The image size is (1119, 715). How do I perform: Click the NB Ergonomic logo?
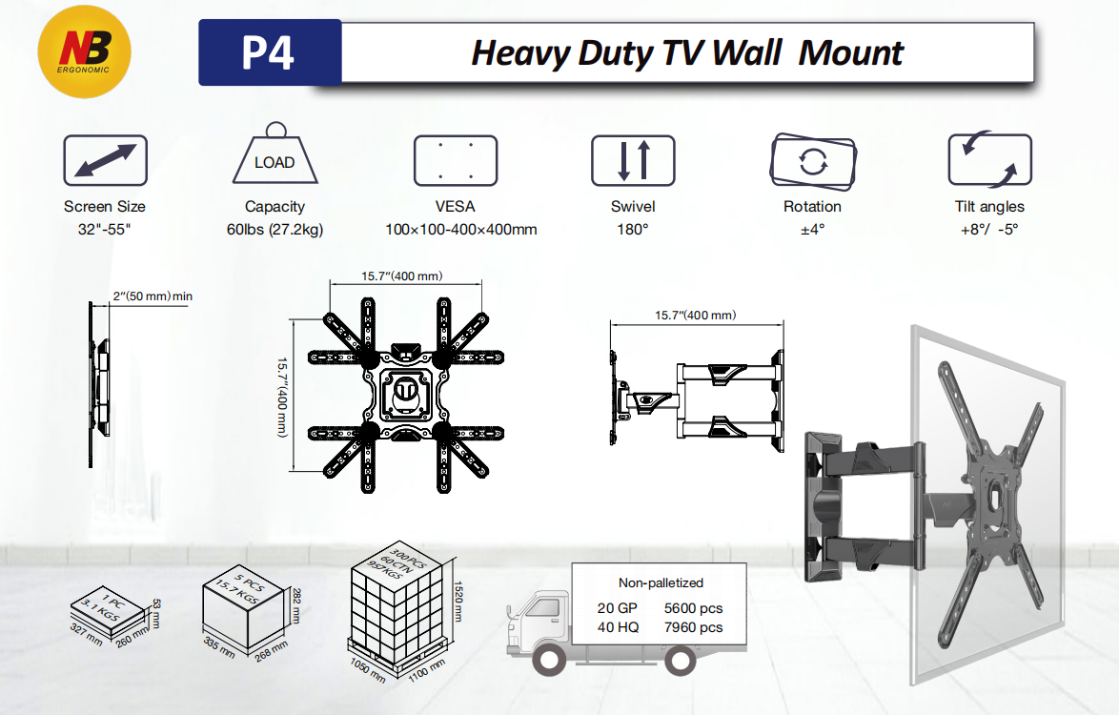pos(83,51)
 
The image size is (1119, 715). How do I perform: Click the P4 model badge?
pos(269,53)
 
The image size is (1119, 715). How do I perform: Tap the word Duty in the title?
pos(614,53)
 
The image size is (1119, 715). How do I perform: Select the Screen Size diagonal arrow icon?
pos(105,160)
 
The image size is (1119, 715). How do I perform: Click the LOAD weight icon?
pos(275,155)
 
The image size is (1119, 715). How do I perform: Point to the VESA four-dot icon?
pos(456,160)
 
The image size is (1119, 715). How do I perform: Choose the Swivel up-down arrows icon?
pos(633,160)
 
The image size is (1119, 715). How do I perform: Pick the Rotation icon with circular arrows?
pos(812,160)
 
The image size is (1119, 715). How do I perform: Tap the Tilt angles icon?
pos(989,160)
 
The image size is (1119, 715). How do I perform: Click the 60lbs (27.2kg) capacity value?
pos(275,230)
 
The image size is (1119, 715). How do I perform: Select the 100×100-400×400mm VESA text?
pos(461,230)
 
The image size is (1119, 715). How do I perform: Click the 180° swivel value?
pos(633,230)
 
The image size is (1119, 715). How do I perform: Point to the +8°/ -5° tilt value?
pos(989,230)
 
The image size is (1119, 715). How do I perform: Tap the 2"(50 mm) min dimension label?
pos(153,296)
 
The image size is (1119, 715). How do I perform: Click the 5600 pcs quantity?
pos(693,608)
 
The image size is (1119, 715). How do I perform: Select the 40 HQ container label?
pos(620,627)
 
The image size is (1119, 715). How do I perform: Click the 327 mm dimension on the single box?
pos(87,634)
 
